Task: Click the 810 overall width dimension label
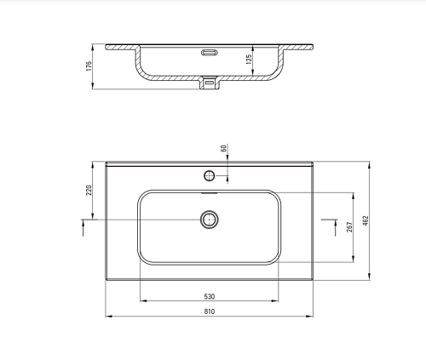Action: click(210, 311)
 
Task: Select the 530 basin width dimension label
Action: click(210, 296)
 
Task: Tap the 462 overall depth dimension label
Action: click(366, 220)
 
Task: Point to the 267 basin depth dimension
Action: click(349, 227)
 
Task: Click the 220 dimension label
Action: click(89, 191)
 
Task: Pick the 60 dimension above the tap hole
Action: click(224, 148)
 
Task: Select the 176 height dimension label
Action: click(89, 66)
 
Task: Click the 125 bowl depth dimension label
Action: click(249, 60)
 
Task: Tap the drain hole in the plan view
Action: click(210, 220)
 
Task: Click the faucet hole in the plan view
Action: click(210, 176)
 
